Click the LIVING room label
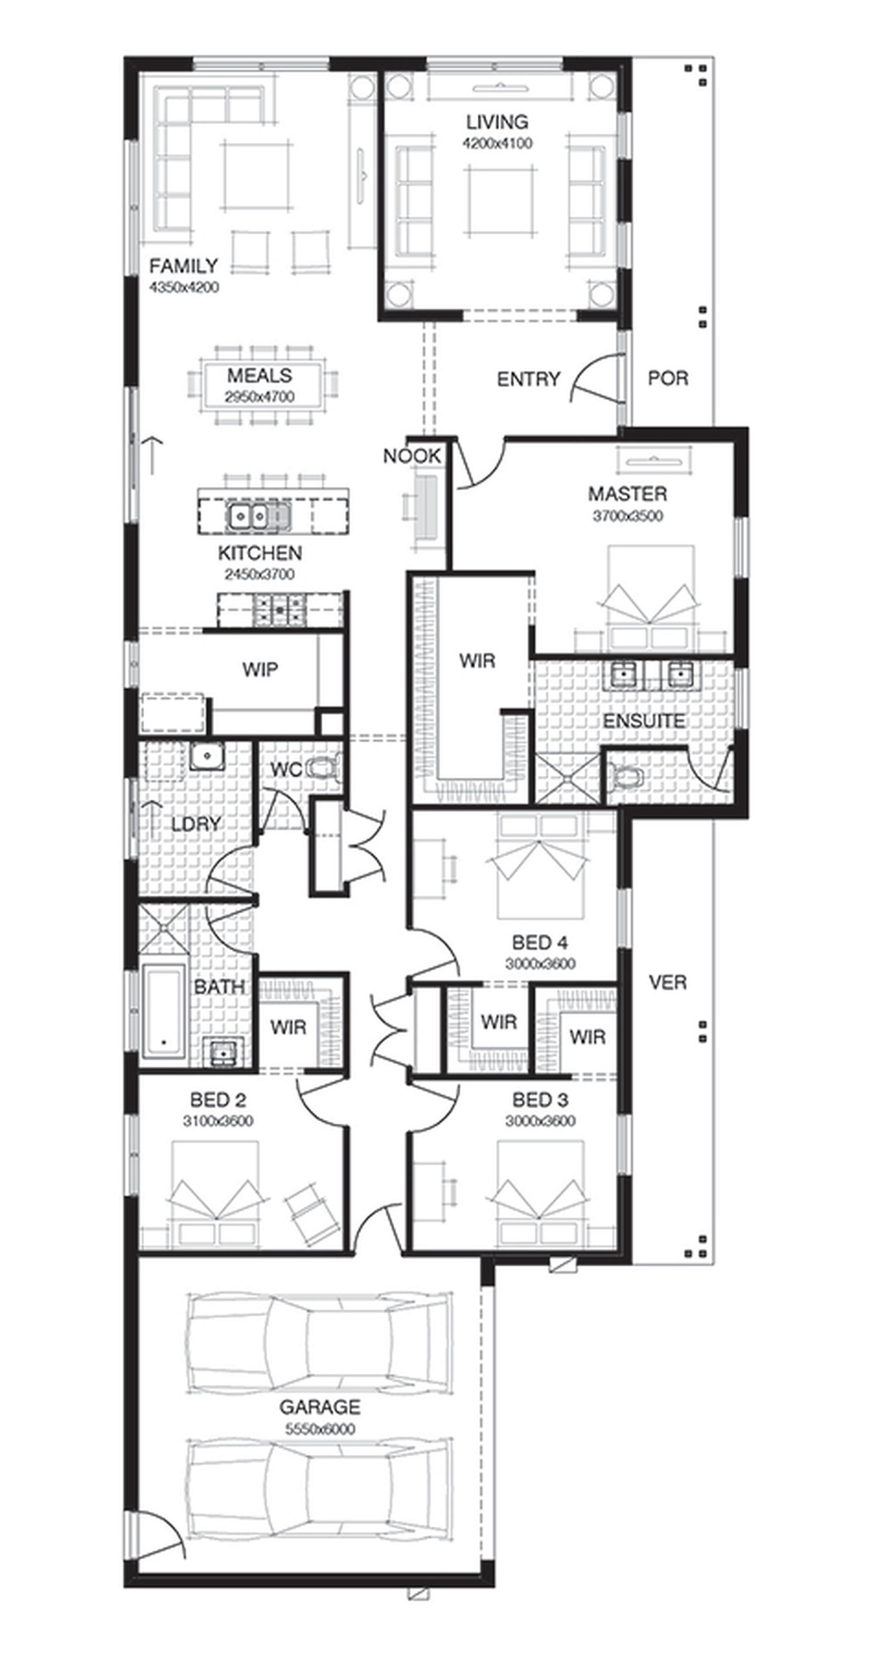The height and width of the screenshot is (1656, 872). tap(497, 122)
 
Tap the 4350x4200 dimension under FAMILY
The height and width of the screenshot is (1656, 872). tap(184, 287)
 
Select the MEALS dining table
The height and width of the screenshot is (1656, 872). tap(260, 385)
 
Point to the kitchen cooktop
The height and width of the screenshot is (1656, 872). tap(279, 608)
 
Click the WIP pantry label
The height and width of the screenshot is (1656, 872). tap(260, 670)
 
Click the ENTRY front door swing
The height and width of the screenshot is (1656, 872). tap(594, 379)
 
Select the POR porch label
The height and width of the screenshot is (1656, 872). tap(668, 378)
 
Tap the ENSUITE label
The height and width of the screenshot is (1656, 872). tap(643, 721)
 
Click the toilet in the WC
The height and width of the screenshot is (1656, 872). tap(324, 768)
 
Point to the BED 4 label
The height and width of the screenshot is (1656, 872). tap(540, 942)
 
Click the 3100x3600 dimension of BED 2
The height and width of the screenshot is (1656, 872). tap(218, 1121)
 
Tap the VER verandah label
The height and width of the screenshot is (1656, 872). tap(668, 982)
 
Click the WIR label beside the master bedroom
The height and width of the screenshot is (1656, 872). tap(477, 660)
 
